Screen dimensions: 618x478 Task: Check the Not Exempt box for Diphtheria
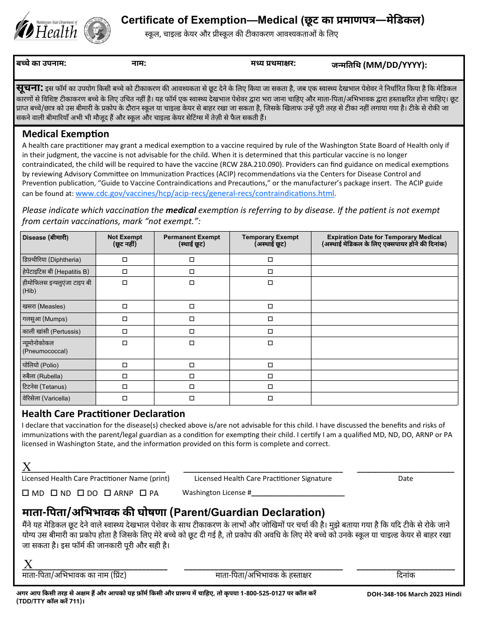[x=125, y=260]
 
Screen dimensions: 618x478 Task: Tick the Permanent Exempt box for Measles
[x=192, y=306]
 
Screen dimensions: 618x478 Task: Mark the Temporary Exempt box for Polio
[x=270, y=365]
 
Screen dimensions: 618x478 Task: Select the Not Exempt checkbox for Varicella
[x=125, y=398]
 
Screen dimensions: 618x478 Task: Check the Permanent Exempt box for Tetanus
[x=192, y=387]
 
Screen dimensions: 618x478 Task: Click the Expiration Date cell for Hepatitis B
[x=384, y=271]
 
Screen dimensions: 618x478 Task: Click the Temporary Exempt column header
[x=270, y=241]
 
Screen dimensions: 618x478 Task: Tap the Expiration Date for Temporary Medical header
[x=384, y=241]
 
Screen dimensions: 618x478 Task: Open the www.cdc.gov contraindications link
[x=205, y=194]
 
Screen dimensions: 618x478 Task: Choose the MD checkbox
[x=25, y=493]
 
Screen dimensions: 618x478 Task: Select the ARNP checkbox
[x=107, y=493]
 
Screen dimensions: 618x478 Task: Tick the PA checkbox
[x=143, y=493]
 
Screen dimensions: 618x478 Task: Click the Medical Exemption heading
[x=65, y=134]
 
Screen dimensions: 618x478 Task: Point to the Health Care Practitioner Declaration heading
[x=103, y=414]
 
